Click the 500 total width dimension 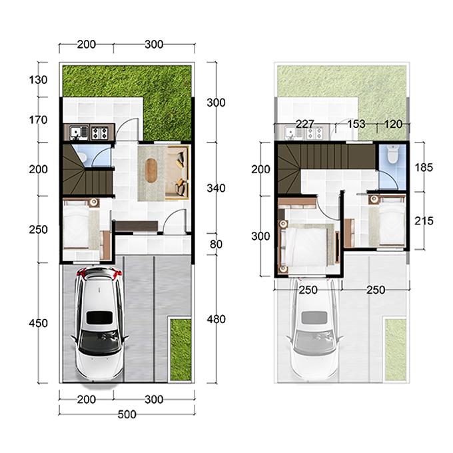(x=127, y=414)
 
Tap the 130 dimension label (x=38, y=80)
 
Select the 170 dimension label (x=38, y=120)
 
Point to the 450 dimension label (x=38, y=323)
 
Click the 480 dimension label (x=216, y=319)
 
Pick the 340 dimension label (x=216, y=189)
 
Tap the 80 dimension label (x=216, y=244)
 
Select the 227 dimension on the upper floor (x=305, y=124)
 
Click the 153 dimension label (x=356, y=124)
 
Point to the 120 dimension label (x=393, y=124)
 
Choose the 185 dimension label (x=424, y=167)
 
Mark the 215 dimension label (x=424, y=221)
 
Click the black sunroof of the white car (x=99, y=318)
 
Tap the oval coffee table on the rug (x=151, y=171)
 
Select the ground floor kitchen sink (x=79, y=133)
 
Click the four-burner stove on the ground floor (x=100, y=133)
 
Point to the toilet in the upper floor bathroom (x=392, y=154)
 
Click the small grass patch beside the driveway (x=181, y=349)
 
